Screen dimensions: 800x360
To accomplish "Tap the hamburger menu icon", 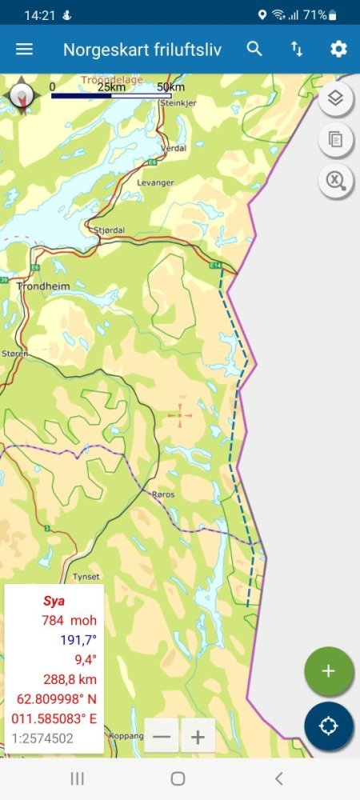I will [x=25, y=49].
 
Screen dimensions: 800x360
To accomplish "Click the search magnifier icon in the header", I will [x=254, y=49].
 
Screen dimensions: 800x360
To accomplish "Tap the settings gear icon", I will [x=338, y=49].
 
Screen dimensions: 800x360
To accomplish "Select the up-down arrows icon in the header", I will [x=297, y=49].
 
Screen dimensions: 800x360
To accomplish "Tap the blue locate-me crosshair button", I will [x=328, y=726].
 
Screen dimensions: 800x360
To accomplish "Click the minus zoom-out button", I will [x=162, y=735].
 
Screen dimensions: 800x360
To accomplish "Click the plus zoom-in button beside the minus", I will [x=198, y=735].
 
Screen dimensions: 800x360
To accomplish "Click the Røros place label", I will [x=162, y=495].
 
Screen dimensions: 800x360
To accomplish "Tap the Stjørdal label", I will [x=110, y=230].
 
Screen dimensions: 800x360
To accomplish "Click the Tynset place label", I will [x=86, y=576].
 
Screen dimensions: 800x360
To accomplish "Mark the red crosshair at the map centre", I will [x=180, y=414].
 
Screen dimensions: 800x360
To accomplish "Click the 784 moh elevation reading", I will [x=68, y=620].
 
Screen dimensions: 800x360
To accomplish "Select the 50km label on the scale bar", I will [x=170, y=86].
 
